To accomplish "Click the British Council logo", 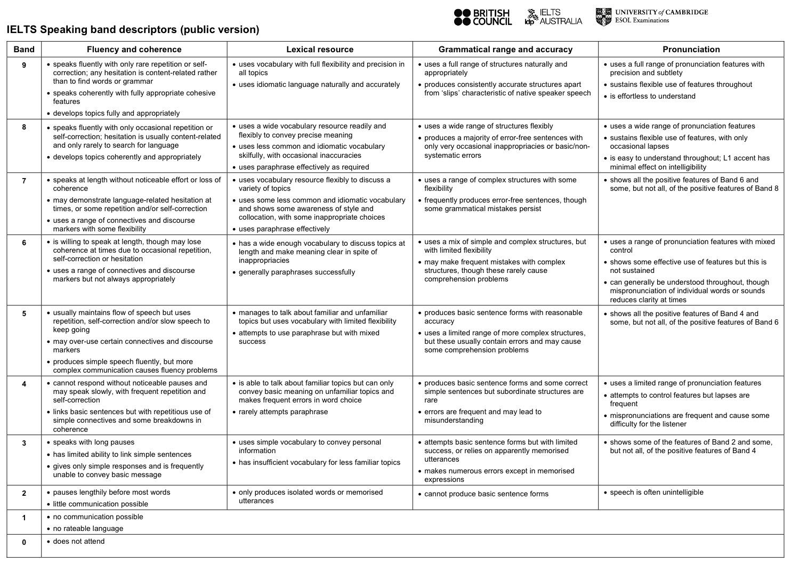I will click(x=482, y=17).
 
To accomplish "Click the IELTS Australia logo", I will click(x=554, y=17).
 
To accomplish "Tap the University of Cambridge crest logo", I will click(x=603, y=17).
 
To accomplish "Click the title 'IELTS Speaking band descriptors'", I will click(x=133, y=30).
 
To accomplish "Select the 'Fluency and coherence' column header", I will click(x=134, y=50).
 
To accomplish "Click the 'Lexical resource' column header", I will click(x=320, y=50).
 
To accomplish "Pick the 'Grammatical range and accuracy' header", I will click(x=505, y=50).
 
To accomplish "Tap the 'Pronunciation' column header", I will click(x=691, y=50).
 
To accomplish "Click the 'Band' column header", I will click(x=24, y=50).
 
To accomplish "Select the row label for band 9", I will click(x=24, y=65).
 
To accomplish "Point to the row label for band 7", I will click(x=24, y=181).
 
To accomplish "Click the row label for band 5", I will click(x=24, y=313).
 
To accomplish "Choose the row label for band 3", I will click(x=24, y=443).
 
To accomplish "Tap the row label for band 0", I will click(x=24, y=542).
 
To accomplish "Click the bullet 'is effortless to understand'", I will click(x=652, y=96).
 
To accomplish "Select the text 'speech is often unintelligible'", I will click(x=656, y=493).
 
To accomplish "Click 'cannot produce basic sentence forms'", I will click(x=486, y=494).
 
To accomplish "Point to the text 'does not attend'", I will click(x=79, y=542).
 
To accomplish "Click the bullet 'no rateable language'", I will click(x=88, y=529).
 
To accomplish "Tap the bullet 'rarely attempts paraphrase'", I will click(x=283, y=412).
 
